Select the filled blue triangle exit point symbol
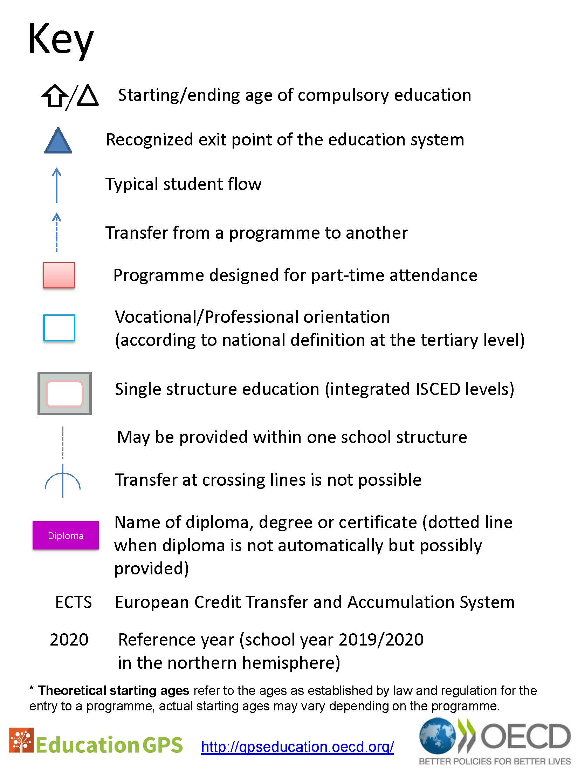coord(58,141)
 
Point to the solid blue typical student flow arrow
coord(56,185)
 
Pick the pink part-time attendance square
coord(59,275)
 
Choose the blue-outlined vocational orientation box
coord(59,328)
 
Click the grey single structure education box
coord(64,394)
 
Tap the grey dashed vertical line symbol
coord(63,442)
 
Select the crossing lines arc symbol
coord(63,481)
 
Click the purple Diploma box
coord(66,535)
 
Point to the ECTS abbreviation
coord(74,602)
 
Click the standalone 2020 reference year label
coord(69,640)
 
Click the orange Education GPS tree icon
coord(21,740)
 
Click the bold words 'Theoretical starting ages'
coord(113,690)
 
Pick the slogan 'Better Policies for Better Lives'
coord(495,761)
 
